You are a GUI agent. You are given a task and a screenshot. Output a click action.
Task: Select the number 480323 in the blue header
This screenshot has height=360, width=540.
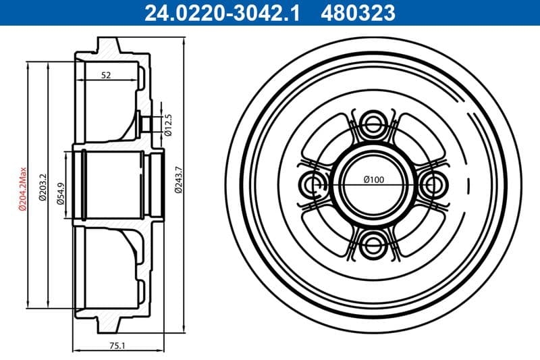point(360,11)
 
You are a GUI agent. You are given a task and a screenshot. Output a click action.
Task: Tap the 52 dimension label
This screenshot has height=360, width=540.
point(106,76)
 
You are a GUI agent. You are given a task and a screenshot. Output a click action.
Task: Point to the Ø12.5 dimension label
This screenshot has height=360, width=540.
point(169,124)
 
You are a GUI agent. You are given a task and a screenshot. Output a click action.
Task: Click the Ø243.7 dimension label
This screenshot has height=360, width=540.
point(178,180)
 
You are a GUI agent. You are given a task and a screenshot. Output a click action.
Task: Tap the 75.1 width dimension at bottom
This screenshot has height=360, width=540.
point(117,345)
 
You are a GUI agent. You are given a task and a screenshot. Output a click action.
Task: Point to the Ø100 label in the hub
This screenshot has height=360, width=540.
point(373,179)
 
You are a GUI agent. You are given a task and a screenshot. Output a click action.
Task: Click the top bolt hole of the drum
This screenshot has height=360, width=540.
point(373,124)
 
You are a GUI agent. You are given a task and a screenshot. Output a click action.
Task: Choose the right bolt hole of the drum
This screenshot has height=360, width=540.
point(433,184)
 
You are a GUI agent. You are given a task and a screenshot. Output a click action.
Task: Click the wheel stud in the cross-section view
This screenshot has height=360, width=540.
point(144,124)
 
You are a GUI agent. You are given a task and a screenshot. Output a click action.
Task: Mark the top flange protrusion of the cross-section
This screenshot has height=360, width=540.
point(109,44)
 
